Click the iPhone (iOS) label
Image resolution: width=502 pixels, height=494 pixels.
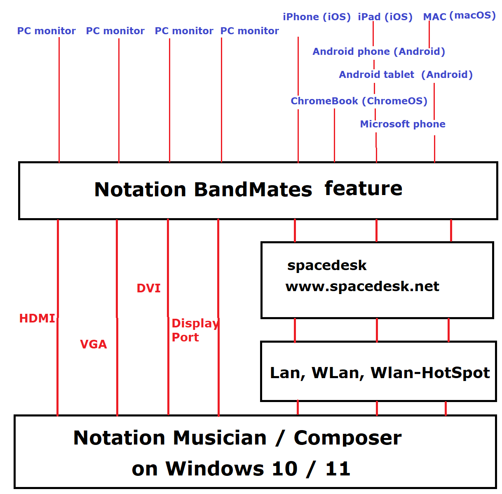coord(317,17)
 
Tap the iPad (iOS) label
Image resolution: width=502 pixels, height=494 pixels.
coord(385,17)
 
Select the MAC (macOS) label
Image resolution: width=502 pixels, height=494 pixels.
coord(459,16)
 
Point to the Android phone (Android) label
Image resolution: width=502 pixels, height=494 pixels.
coord(379,52)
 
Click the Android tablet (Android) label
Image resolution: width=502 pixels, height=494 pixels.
coord(406,75)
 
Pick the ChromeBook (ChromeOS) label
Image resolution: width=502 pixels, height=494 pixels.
coord(359,101)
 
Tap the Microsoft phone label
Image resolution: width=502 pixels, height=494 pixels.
coord(403,124)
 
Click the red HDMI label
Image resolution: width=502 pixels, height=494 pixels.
coord(37,318)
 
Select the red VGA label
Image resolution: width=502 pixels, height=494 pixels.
coord(94,344)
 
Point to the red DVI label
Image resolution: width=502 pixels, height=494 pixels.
coord(148,288)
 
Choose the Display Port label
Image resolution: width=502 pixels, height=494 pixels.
coord(194,330)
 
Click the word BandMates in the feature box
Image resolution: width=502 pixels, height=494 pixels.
coord(253,190)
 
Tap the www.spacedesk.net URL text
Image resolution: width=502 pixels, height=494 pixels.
coord(362,286)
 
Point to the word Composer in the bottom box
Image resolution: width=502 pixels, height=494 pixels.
coord(347,438)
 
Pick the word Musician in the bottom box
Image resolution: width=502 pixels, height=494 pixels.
coord(220,438)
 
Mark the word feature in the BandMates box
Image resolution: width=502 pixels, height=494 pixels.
coord(363,188)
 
